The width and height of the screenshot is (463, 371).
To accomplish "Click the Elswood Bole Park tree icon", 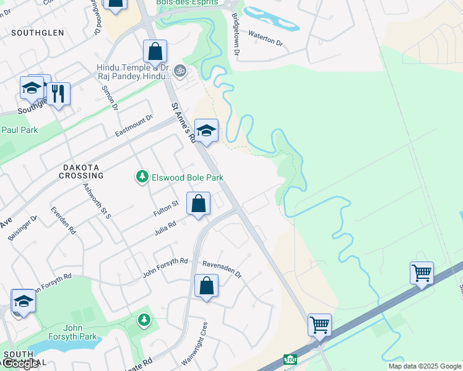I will pos(142,177).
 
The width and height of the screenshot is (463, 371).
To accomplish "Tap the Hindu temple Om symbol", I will pos(180,70).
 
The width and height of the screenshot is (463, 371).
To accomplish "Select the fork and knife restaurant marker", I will pos(58,94).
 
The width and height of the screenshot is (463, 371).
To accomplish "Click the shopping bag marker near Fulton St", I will pos(198,203).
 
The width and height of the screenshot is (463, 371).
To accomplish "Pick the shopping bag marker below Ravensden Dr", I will pos(206,286).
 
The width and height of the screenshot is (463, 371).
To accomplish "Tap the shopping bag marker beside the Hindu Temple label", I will pos(155,52).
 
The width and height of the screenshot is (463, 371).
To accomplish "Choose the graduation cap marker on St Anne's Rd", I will pos(206,130).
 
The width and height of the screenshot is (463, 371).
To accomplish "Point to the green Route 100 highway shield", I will pos(290,359).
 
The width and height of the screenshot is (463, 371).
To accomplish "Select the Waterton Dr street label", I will pos(265,44).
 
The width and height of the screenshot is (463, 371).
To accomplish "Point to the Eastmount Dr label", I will pos(134,126).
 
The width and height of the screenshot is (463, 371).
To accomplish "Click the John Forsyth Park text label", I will pos(81,332).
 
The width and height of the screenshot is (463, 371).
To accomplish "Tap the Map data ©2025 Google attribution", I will pos(425,366).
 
